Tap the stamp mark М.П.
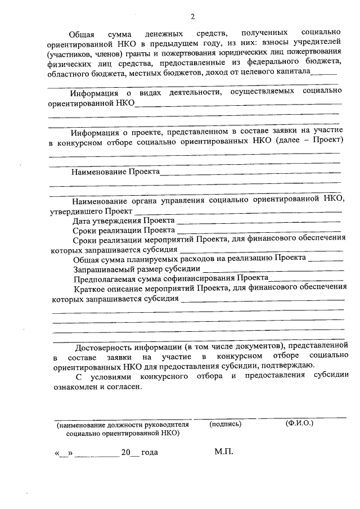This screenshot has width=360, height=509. pos(223,452)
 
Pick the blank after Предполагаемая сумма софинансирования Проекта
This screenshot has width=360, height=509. pos(306,280)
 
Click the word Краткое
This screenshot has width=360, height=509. pos(89,288)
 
